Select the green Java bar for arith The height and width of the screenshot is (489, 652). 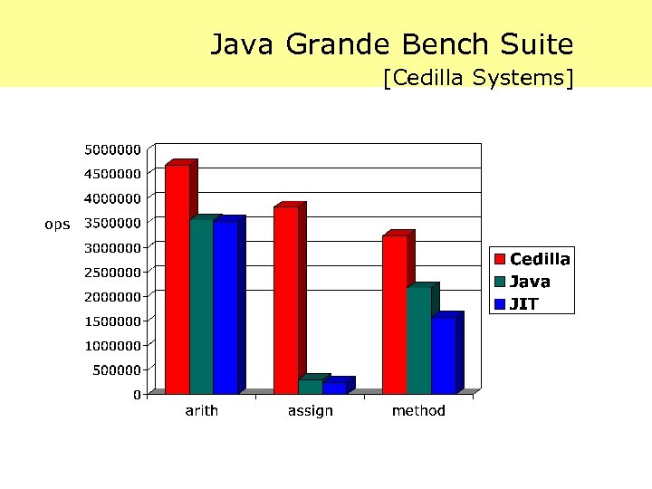[201, 307]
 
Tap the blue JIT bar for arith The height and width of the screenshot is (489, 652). [225, 308]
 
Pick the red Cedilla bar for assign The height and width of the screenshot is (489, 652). [286, 300]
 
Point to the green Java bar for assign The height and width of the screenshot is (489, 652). [310, 387]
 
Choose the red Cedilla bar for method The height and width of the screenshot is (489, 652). [395, 314]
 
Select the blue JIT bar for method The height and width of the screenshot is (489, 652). [443, 355]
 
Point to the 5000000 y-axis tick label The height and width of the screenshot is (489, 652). [112, 149]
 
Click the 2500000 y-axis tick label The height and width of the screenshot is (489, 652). [112, 272]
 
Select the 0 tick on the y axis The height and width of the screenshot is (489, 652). [137, 394]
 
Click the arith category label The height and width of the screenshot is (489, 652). [201, 411]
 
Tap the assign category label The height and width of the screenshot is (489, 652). [311, 411]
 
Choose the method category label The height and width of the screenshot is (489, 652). [418, 411]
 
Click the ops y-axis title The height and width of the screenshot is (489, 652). [57, 224]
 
